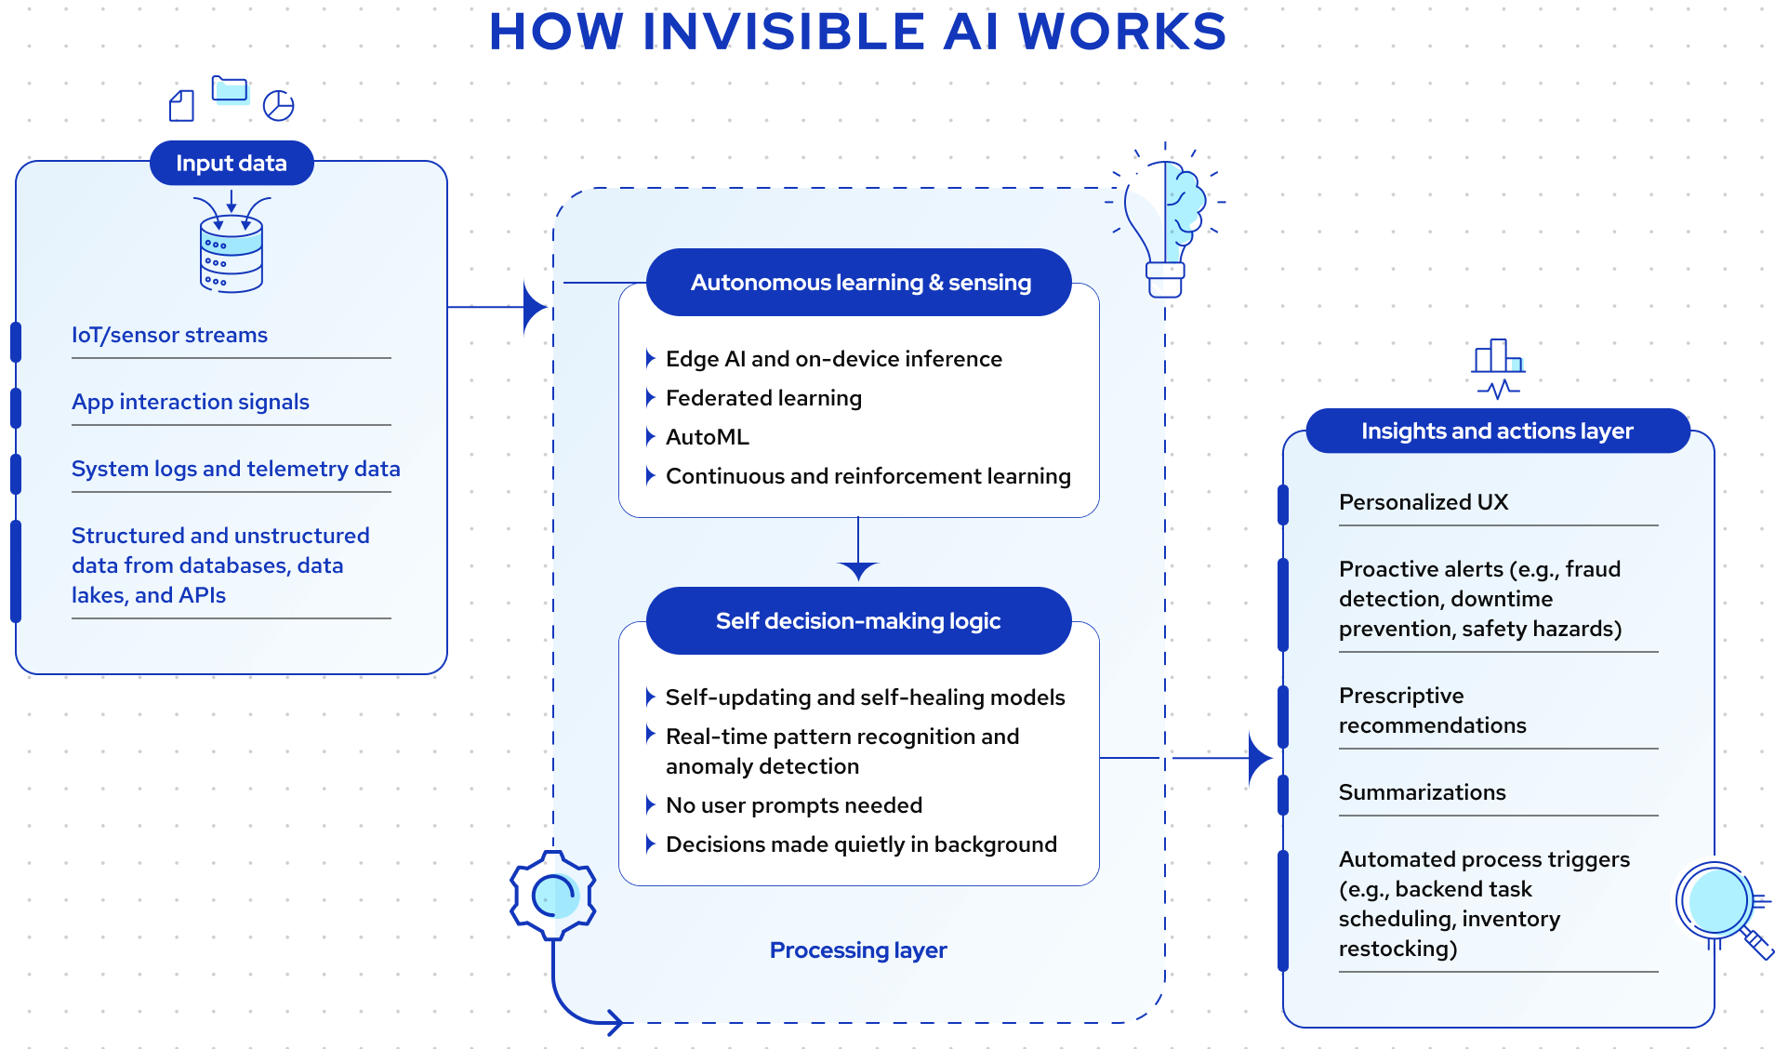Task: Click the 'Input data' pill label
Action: coord(232,164)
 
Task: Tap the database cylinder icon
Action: coord(232,254)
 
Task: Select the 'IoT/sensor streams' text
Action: coord(169,335)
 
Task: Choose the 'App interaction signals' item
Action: coord(191,402)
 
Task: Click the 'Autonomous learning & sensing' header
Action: coord(860,283)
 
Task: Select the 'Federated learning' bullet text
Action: coord(763,398)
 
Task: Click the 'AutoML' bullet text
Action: coord(707,437)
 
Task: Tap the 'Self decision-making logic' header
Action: coord(858,621)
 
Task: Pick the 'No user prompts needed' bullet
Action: coord(794,805)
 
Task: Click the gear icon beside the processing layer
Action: coord(554,896)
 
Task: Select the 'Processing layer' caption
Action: coord(858,950)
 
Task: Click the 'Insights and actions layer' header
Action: coord(1497,432)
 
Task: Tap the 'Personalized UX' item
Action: coord(1424,502)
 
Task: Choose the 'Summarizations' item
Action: coord(1422,792)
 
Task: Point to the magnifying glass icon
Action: coord(1720,904)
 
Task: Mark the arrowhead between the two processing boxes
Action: coord(858,569)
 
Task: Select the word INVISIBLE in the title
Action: coord(783,32)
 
